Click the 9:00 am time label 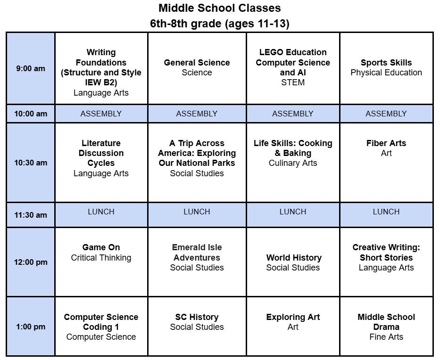[x=31, y=68]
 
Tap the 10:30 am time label [x=31, y=163]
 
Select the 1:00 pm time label [x=31, y=327]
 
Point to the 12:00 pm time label [x=31, y=262]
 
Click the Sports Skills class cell [x=386, y=68]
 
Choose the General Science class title [x=197, y=63]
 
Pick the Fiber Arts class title [x=386, y=143]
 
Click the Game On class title [x=101, y=247]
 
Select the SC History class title [x=197, y=317]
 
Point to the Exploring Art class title [x=293, y=317]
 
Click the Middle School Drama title [x=386, y=322]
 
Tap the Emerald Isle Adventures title [x=197, y=253]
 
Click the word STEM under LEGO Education [x=293, y=82]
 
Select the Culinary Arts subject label [x=293, y=163]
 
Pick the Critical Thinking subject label [x=101, y=258]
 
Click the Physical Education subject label [x=386, y=73]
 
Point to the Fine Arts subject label [x=386, y=337]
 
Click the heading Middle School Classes [x=219, y=8]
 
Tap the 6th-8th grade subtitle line [x=219, y=24]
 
